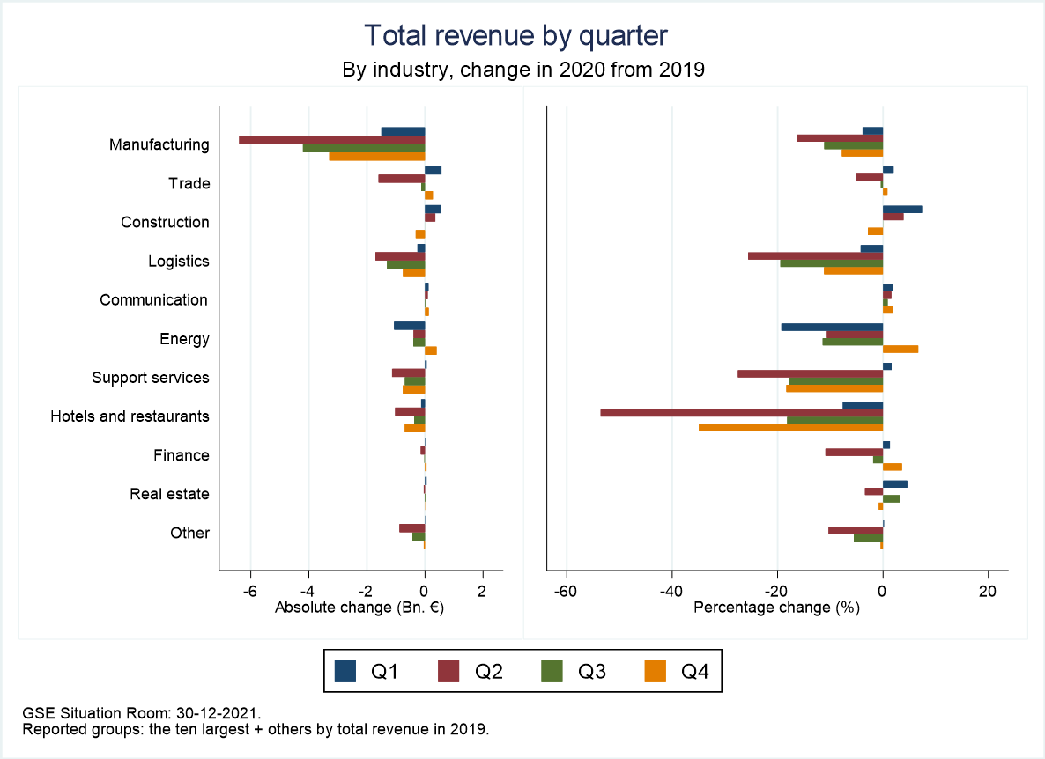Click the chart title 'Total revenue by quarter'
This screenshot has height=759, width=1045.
click(x=516, y=35)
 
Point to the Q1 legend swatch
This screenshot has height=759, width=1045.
click(x=346, y=672)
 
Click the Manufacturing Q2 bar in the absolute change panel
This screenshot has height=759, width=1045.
click(x=332, y=139)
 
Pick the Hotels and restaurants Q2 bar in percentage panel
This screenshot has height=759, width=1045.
click(x=741, y=412)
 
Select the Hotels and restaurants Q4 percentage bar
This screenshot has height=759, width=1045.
click(x=790, y=427)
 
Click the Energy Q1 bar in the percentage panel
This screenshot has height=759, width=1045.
click(x=832, y=327)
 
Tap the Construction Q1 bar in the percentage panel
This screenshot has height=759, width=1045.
click(x=902, y=209)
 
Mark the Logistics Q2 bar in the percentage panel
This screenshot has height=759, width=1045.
click(x=815, y=256)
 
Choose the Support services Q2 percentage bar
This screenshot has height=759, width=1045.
click(x=810, y=373)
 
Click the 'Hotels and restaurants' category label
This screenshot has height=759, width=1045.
click(x=130, y=416)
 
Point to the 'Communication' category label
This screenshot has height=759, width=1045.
click(x=154, y=300)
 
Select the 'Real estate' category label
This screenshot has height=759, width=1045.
click(x=169, y=494)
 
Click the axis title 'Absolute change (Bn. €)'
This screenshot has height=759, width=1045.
click(x=359, y=608)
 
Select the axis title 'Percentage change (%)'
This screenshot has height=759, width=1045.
click(x=776, y=608)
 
